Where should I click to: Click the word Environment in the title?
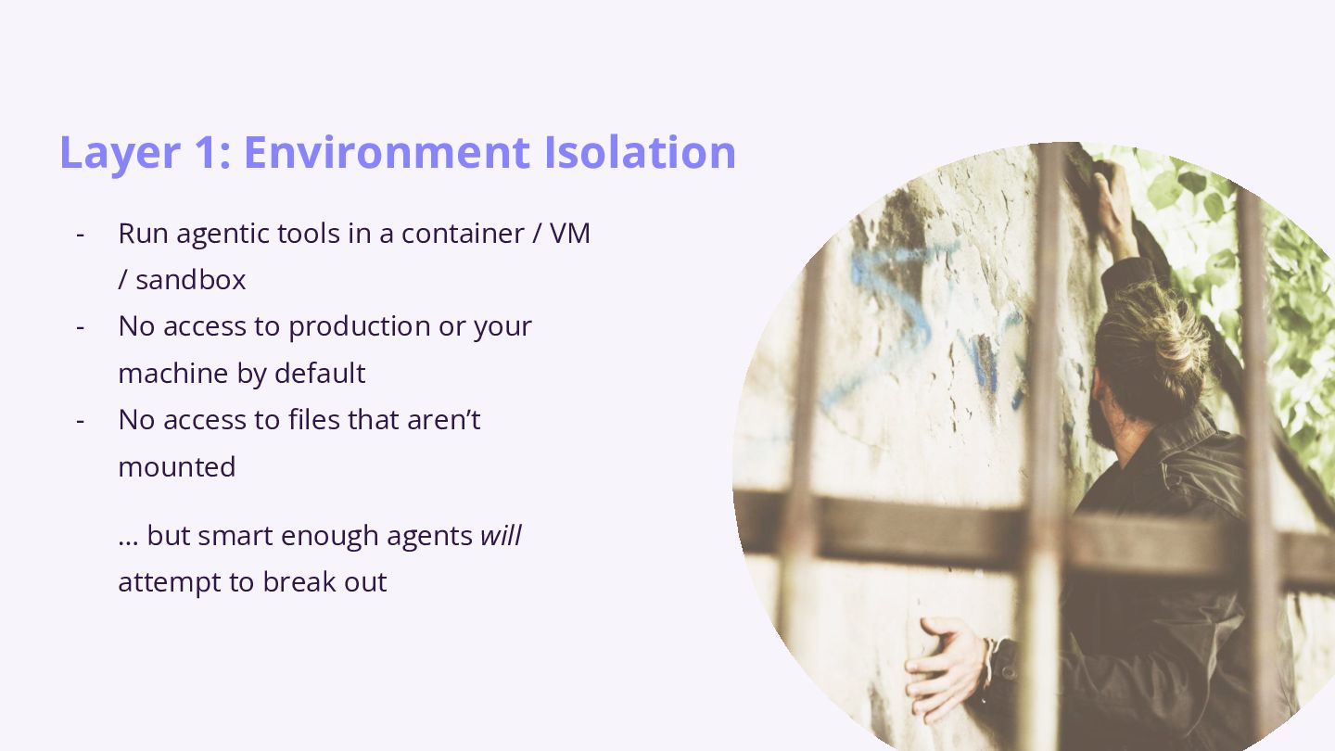pos(387,152)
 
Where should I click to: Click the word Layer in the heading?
pos(120,154)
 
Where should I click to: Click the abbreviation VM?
pos(570,233)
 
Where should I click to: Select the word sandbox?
pos(191,280)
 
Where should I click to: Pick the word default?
pos(320,373)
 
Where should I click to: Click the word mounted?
pos(177,466)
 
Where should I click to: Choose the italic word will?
pos(502,535)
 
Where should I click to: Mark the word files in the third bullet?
pos(314,420)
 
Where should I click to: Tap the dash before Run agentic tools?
pos(81,235)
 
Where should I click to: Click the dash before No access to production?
pos(81,328)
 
